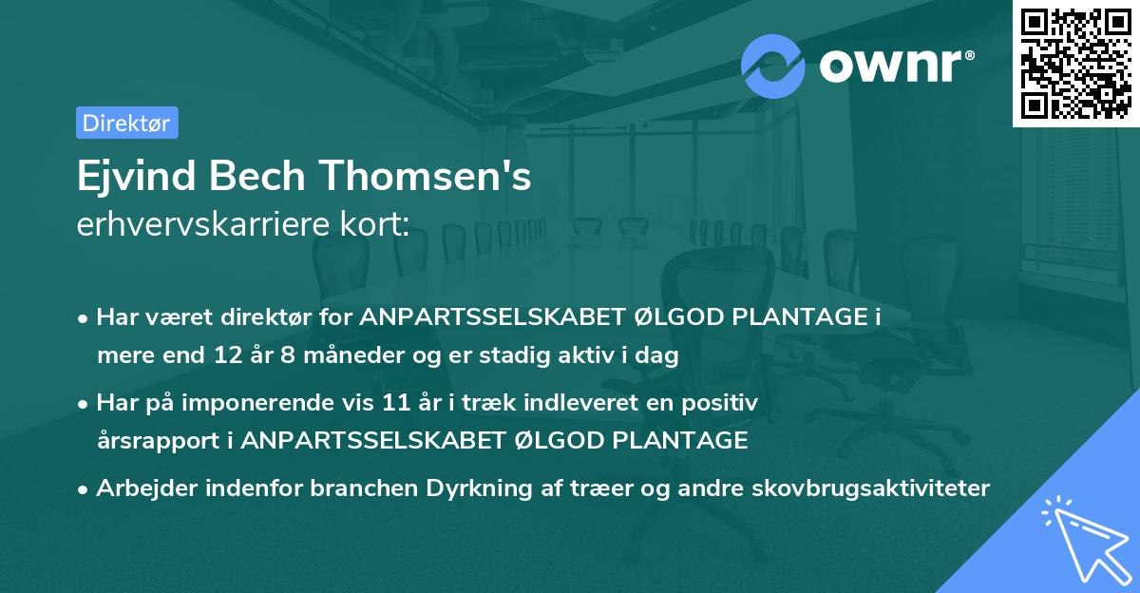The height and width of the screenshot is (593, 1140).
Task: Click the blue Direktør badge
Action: (x=126, y=123)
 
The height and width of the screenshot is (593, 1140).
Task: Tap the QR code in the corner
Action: (x=1074, y=63)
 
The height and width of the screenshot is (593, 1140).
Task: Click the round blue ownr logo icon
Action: (x=773, y=64)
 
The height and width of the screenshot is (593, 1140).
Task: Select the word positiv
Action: (x=726, y=403)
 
